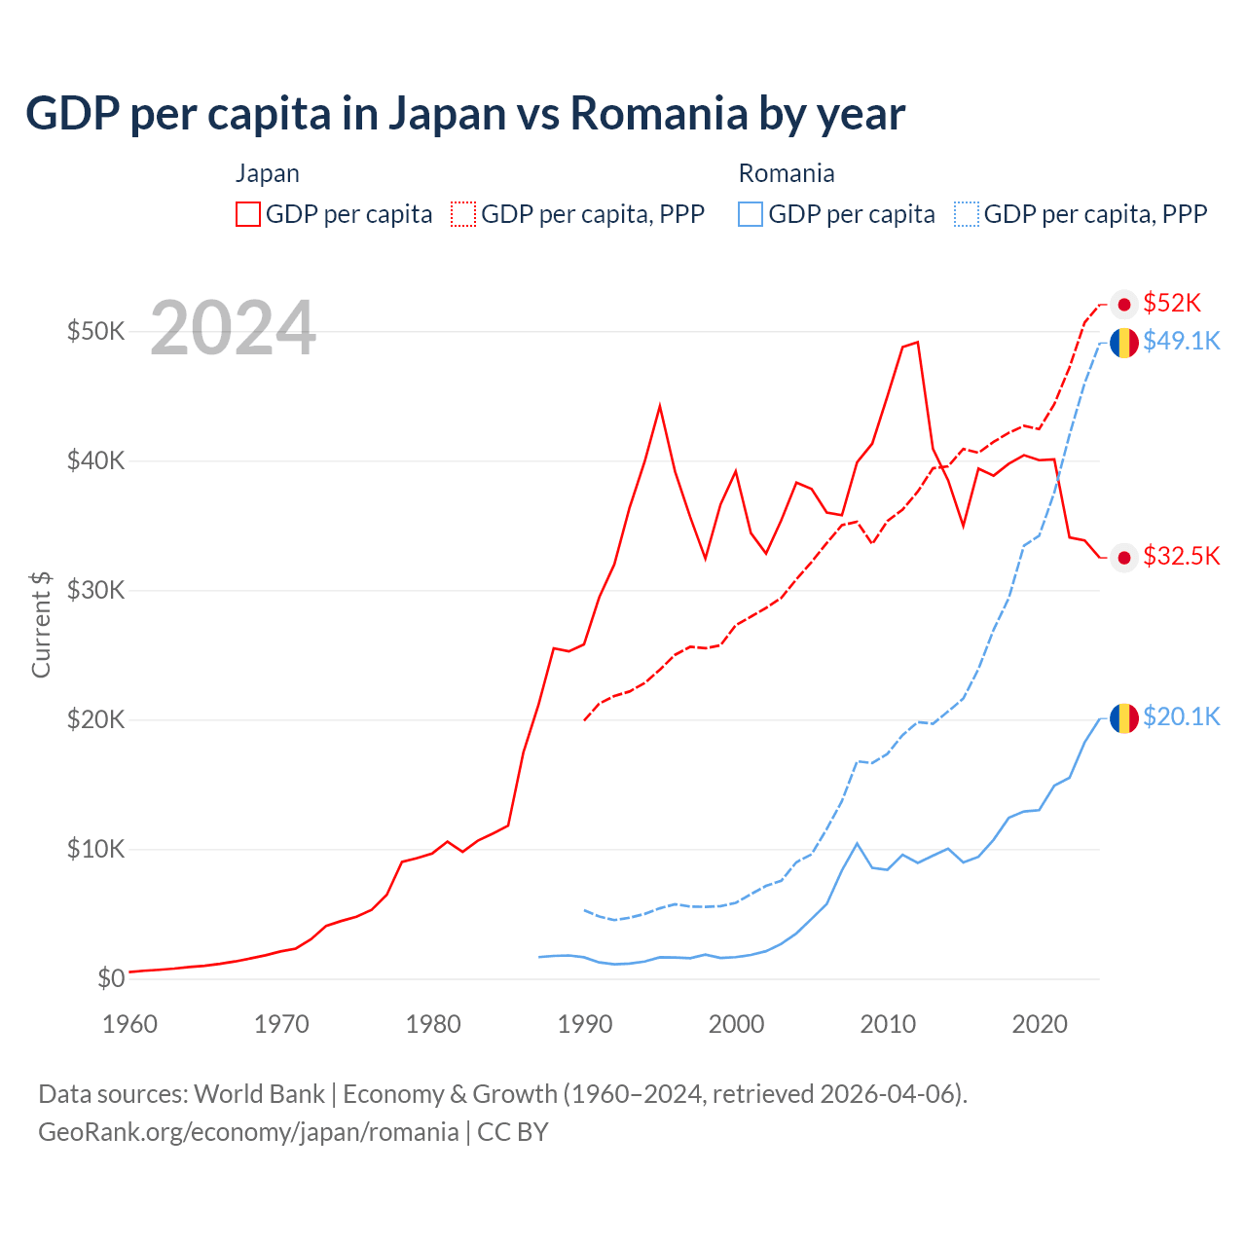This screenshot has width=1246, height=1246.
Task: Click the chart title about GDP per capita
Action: click(x=465, y=113)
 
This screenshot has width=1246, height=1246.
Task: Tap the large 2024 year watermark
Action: click(x=234, y=328)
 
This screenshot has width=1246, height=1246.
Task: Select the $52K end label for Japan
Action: click(x=1172, y=304)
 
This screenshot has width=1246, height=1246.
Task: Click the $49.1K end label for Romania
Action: click(x=1181, y=341)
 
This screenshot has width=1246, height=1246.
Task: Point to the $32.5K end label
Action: click(x=1181, y=556)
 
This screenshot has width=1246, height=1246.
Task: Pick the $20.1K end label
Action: click(x=1181, y=717)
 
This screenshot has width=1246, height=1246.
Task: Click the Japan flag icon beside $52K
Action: click(x=1124, y=305)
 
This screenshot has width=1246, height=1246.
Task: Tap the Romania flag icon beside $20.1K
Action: click(x=1124, y=718)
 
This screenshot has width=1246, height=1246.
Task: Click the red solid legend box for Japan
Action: click(x=248, y=214)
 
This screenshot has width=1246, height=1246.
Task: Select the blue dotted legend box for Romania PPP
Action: click(x=967, y=214)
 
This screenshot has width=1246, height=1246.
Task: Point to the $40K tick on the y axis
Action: click(x=95, y=460)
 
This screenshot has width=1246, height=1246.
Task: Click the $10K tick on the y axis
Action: click(x=95, y=849)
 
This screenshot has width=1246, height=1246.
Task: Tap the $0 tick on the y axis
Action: click(x=111, y=978)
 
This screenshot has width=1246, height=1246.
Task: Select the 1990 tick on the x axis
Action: click(x=584, y=1024)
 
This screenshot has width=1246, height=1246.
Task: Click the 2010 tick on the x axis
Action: click(x=888, y=1024)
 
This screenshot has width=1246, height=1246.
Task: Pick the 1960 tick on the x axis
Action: click(x=129, y=1024)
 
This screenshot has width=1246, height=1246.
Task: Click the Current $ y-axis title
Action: click(x=41, y=625)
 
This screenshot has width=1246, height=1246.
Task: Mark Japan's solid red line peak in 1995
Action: click(x=660, y=405)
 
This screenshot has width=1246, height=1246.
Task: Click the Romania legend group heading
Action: click(x=787, y=173)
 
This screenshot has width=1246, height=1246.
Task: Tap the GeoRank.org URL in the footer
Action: click(x=248, y=1132)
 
